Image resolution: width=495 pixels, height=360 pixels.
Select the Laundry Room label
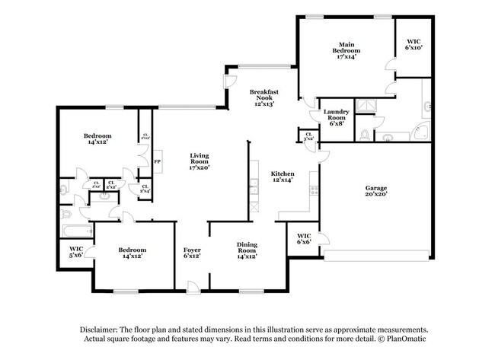click(336, 116)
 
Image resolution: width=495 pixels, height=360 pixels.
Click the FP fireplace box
click(157, 162)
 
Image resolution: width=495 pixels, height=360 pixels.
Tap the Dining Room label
click(246, 250)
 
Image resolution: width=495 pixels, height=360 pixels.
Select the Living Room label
click(199, 161)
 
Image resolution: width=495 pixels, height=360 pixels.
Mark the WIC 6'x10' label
click(414, 44)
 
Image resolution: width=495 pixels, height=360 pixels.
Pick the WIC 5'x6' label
click(75, 252)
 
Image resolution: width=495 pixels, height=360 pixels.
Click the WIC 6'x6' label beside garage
click(304, 238)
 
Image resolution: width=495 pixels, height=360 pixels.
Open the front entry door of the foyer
click(193, 287)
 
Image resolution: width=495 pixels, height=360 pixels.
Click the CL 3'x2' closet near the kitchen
click(308, 138)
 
